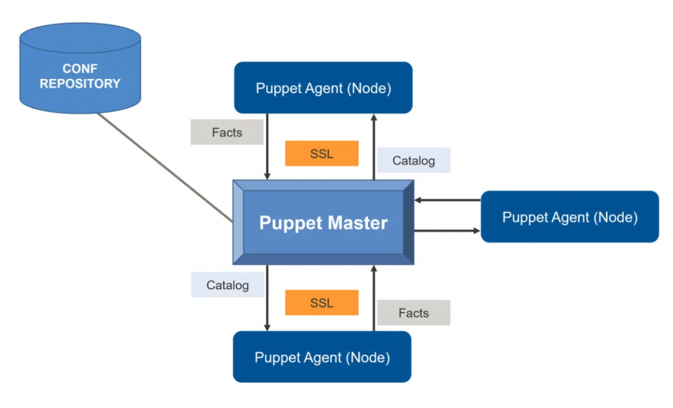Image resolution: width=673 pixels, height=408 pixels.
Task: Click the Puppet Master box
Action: pyautogui.click(x=323, y=222)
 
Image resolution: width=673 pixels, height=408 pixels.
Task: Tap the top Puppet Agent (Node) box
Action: pyautogui.click(x=323, y=88)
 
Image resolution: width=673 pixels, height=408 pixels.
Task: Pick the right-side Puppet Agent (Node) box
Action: pyautogui.click(x=570, y=217)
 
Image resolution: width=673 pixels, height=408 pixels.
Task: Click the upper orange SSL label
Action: pyautogui.click(x=322, y=154)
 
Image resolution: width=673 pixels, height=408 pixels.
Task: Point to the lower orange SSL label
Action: pyautogui.click(x=322, y=303)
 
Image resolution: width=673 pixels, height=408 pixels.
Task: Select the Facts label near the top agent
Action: pyautogui.click(x=227, y=132)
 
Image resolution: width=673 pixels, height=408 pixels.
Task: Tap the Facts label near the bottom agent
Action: pyautogui.click(x=413, y=313)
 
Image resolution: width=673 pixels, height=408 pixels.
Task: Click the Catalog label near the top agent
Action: pyautogui.click(x=413, y=160)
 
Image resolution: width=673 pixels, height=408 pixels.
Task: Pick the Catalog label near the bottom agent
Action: pyautogui.click(x=227, y=285)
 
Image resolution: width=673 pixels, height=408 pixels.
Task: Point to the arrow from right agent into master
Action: pyautogui.click(x=447, y=200)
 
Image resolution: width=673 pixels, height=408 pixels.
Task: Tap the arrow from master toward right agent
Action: pyautogui.click(x=447, y=231)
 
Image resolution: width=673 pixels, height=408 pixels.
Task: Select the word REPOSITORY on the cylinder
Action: pyautogui.click(x=80, y=83)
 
